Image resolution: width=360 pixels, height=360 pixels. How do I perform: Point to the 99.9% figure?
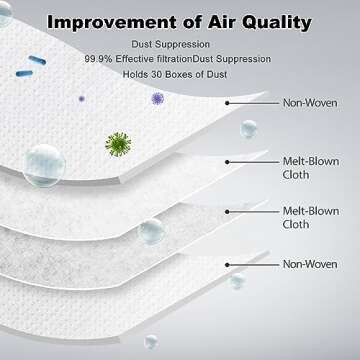100,59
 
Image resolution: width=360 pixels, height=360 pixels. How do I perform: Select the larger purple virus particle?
157,99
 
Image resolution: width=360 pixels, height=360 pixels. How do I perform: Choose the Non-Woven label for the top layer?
308,101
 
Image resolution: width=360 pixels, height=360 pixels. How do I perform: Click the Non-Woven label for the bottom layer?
308,264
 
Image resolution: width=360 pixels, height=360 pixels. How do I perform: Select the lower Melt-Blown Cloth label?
308,218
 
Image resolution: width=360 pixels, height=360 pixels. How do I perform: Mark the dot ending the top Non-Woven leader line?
227,101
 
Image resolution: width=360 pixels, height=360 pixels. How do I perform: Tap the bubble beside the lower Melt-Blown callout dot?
152,232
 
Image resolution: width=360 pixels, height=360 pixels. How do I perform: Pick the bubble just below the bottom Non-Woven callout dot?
237,281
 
